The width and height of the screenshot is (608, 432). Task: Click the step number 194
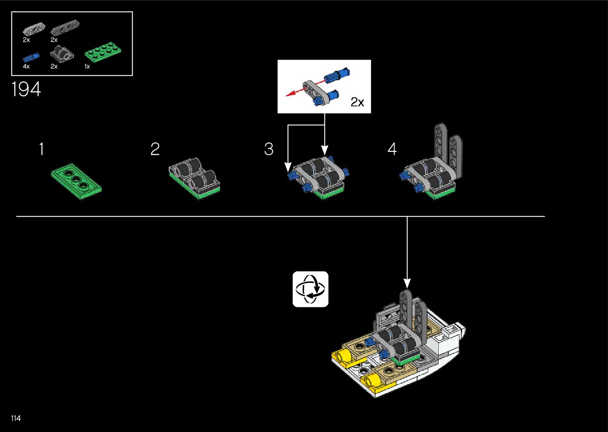click(26, 89)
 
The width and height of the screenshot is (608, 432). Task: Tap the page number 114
click(16, 418)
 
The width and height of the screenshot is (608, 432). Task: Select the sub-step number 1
click(42, 149)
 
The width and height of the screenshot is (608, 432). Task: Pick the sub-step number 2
click(155, 149)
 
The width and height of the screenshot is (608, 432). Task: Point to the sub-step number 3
click(269, 149)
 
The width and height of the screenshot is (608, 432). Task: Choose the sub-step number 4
click(392, 149)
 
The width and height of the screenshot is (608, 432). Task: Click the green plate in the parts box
click(103, 52)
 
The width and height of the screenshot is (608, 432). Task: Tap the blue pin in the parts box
click(31, 58)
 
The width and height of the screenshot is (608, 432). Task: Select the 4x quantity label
click(26, 66)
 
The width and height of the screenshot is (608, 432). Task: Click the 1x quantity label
click(87, 66)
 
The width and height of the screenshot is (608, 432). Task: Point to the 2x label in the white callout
click(357, 102)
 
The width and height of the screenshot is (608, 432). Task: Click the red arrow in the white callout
click(305, 88)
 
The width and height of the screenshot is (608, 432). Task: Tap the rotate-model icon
click(311, 289)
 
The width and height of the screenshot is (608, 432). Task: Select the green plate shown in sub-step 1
click(76, 181)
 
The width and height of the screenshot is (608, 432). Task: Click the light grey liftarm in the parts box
click(34, 29)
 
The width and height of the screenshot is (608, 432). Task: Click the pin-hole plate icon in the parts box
click(62, 54)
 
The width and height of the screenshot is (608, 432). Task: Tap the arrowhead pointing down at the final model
click(407, 283)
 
